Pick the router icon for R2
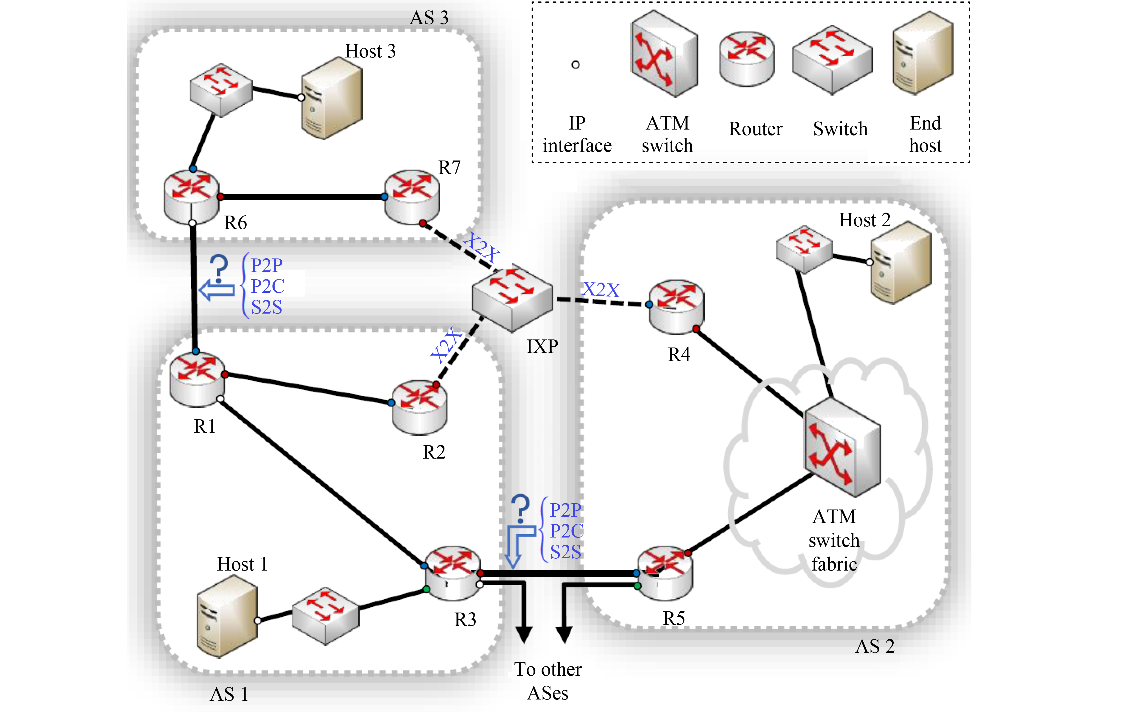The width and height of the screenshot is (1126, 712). click(x=419, y=407)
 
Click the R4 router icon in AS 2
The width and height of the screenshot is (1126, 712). click(x=676, y=307)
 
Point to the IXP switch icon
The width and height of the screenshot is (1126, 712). click(x=512, y=298)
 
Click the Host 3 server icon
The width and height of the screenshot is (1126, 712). click(x=332, y=99)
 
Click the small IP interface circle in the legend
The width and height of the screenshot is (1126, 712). click(x=576, y=65)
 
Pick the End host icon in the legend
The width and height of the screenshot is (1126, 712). click(x=923, y=53)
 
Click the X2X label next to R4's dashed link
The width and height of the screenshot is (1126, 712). click(x=601, y=289)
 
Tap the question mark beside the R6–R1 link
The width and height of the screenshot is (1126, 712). click(x=218, y=267)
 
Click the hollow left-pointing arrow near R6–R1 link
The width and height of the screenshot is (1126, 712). click(x=217, y=290)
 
